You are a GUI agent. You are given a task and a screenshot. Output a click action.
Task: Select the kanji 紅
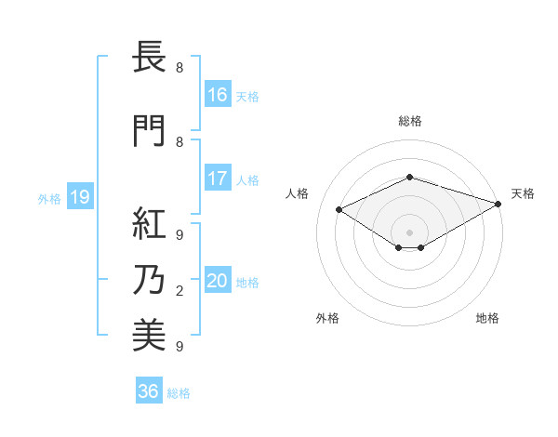point(150,223)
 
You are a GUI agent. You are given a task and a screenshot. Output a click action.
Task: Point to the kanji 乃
point(150,280)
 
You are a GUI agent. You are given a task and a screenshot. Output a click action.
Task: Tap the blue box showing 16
point(218,95)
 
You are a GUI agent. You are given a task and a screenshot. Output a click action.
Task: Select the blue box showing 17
point(218,179)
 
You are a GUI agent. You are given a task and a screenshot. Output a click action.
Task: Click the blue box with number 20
point(218,282)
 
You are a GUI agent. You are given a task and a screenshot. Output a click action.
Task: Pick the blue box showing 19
point(79,197)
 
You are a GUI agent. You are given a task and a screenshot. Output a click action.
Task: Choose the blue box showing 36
point(149,391)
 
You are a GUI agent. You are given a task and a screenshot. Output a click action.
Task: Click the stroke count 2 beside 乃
point(179,292)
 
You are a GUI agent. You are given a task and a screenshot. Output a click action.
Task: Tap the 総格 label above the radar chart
point(409,121)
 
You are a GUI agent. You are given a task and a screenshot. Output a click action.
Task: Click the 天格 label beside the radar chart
point(523,193)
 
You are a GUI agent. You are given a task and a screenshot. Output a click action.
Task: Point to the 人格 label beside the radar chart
point(298,193)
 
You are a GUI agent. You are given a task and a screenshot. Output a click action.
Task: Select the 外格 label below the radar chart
point(327,318)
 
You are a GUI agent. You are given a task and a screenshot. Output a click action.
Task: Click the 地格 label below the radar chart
point(487,318)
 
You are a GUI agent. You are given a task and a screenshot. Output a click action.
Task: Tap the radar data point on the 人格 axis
point(339,210)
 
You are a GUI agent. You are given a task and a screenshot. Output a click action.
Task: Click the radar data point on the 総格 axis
point(409,177)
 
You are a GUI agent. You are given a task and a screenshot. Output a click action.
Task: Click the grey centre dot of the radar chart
point(409,232)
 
